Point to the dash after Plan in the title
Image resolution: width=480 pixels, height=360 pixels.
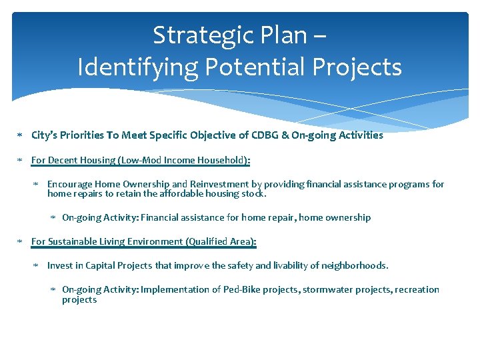point(319,35)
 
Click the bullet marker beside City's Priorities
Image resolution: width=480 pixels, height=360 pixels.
point(20,135)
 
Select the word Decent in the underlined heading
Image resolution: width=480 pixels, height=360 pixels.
point(63,160)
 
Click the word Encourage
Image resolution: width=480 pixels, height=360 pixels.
point(70,184)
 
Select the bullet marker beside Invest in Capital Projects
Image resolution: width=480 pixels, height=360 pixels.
point(37,266)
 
